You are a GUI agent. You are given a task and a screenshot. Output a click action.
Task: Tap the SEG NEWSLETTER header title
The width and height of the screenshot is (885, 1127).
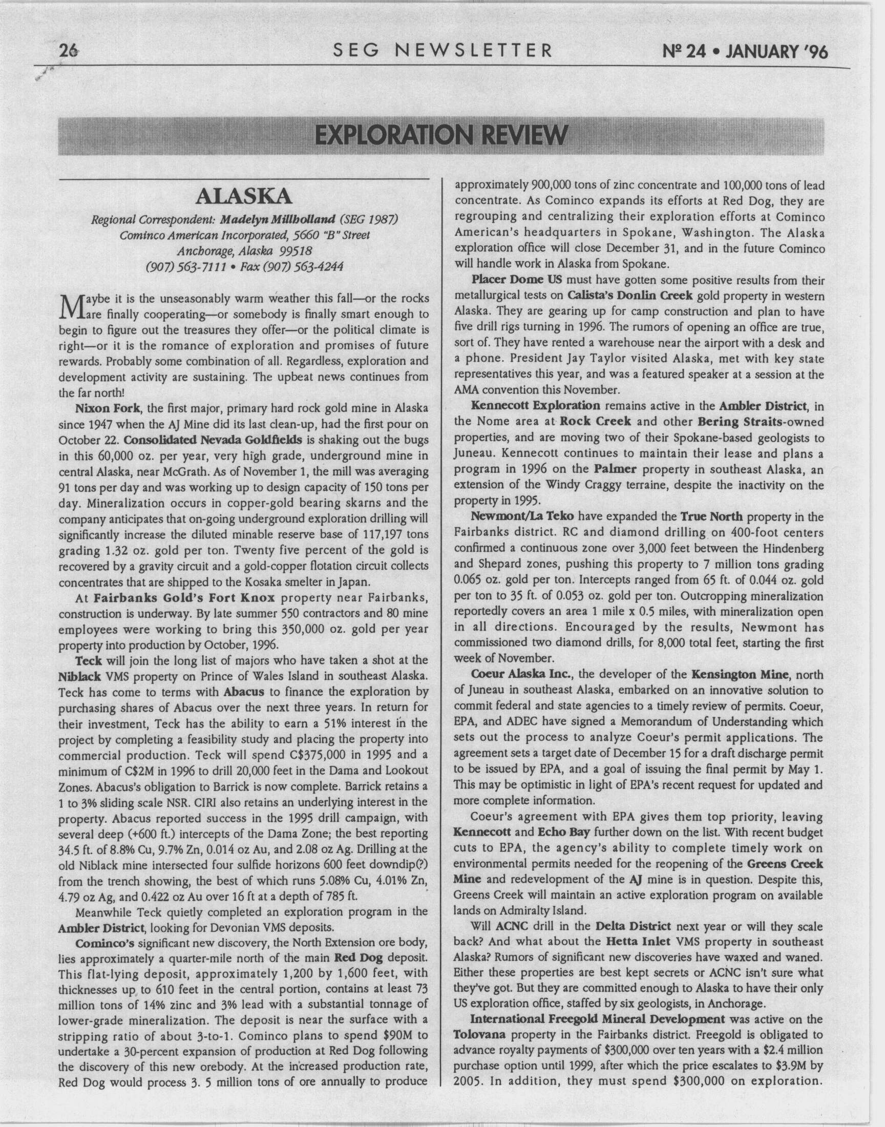click(443, 50)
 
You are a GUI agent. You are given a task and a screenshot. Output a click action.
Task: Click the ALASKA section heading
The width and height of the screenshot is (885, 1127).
click(244, 197)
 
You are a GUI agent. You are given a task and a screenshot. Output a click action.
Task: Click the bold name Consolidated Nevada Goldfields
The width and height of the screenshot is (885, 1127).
click(213, 440)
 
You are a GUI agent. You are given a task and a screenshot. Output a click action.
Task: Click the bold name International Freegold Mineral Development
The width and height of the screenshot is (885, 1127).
click(597, 1019)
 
